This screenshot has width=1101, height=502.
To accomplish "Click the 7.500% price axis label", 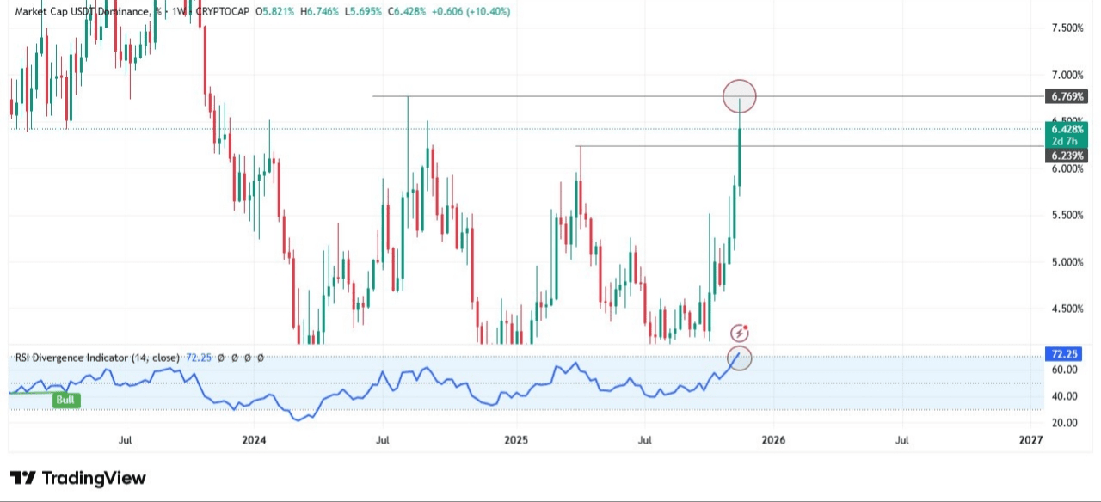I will pyautogui.click(x=1067, y=28).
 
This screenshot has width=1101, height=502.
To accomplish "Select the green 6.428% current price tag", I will pyautogui.click(x=1066, y=129).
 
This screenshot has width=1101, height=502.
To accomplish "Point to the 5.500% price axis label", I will pyautogui.click(x=1067, y=215).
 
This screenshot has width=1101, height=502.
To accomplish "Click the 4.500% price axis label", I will pyautogui.click(x=1067, y=309).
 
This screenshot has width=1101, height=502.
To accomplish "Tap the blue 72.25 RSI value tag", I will pyautogui.click(x=1065, y=354).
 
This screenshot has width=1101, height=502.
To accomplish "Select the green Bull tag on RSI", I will pyautogui.click(x=65, y=400).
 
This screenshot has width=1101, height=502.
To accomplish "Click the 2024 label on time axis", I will pyautogui.click(x=254, y=440).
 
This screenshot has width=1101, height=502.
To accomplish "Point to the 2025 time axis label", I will pyautogui.click(x=515, y=440).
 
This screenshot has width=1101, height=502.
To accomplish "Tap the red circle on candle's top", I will pyautogui.click(x=740, y=95).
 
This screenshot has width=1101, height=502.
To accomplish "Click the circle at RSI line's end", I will pyautogui.click(x=739, y=358).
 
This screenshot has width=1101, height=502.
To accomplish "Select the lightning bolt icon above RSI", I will pyautogui.click(x=739, y=334).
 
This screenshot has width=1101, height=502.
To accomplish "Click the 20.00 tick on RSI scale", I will pyautogui.click(x=1064, y=423).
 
